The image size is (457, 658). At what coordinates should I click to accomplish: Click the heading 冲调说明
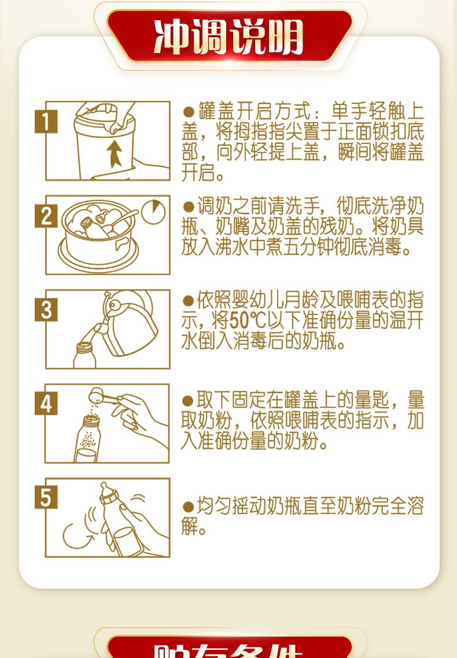tap(228, 36)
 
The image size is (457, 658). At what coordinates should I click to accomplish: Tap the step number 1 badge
tap(46, 121)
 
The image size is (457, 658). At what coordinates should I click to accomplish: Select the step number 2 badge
tap(46, 216)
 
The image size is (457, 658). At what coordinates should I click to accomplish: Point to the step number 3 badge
tap(46, 310)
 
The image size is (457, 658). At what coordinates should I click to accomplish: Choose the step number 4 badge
tap(46, 404)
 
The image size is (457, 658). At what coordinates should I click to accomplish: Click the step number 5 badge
tap(46, 498)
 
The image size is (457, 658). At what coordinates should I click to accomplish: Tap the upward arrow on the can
tap(114, 154)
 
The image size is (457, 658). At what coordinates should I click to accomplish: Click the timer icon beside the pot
tap(153, 212)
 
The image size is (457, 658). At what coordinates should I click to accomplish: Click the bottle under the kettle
tap(84, 355)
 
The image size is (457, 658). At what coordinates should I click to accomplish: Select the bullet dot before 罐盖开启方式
tap(189, 112)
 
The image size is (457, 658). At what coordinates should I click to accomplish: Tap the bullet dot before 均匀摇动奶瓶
tap(189, 507)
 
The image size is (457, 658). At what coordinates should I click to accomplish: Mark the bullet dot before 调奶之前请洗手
tap(189, 206)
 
